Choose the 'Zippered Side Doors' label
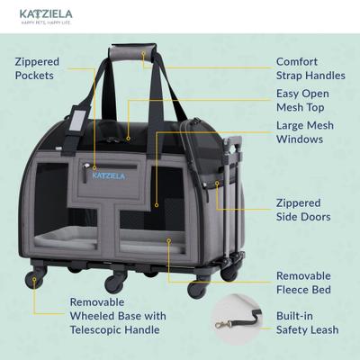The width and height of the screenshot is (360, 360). coord(302,210)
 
